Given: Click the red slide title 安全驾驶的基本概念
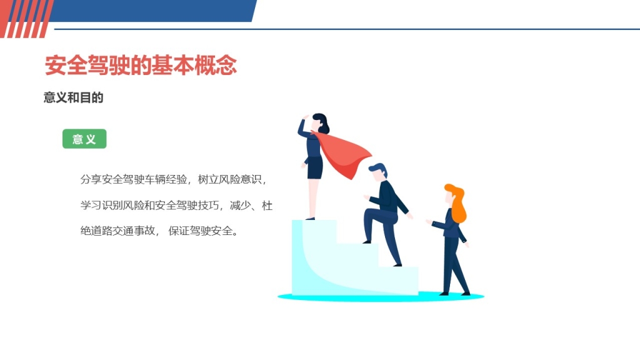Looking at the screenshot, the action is pos(141,65).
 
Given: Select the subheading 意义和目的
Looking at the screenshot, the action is pos(74,97).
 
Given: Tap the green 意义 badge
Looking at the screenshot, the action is pos(84,139).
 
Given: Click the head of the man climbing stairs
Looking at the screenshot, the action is pos(378,171).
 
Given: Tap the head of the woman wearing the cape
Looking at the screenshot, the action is pos(319,123).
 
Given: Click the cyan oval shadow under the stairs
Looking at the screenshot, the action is pos(381,297).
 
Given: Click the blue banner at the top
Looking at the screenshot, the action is pos(153,11).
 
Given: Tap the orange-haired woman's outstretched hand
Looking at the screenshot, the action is pos(429,222).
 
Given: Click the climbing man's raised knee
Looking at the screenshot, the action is pos(369,212).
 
